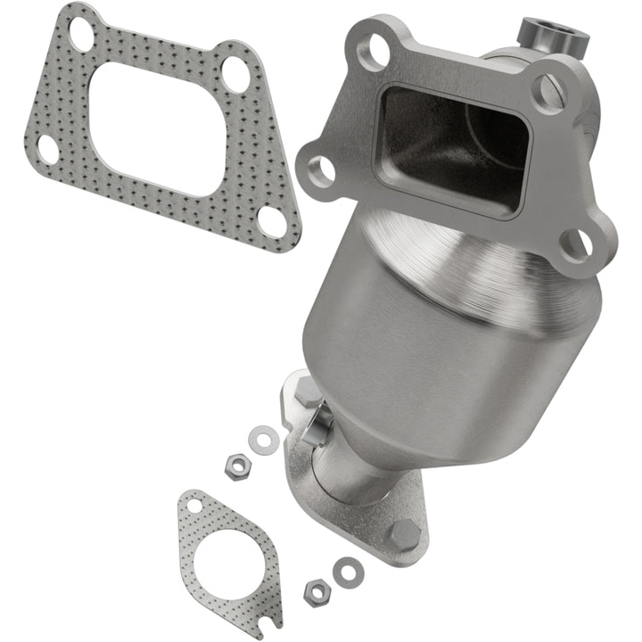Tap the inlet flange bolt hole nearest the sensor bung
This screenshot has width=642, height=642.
(x=547, y=89)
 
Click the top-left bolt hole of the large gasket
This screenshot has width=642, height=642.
(x=80, y=34)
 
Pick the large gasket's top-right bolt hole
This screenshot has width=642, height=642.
(x=235, y=74)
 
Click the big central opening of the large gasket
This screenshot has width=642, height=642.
(x=160, y=125)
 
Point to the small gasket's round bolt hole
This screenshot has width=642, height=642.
(x=193, y=506)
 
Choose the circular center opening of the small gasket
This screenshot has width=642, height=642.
(x=229, y=557)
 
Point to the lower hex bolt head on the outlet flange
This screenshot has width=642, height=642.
(x=403, y=535)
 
